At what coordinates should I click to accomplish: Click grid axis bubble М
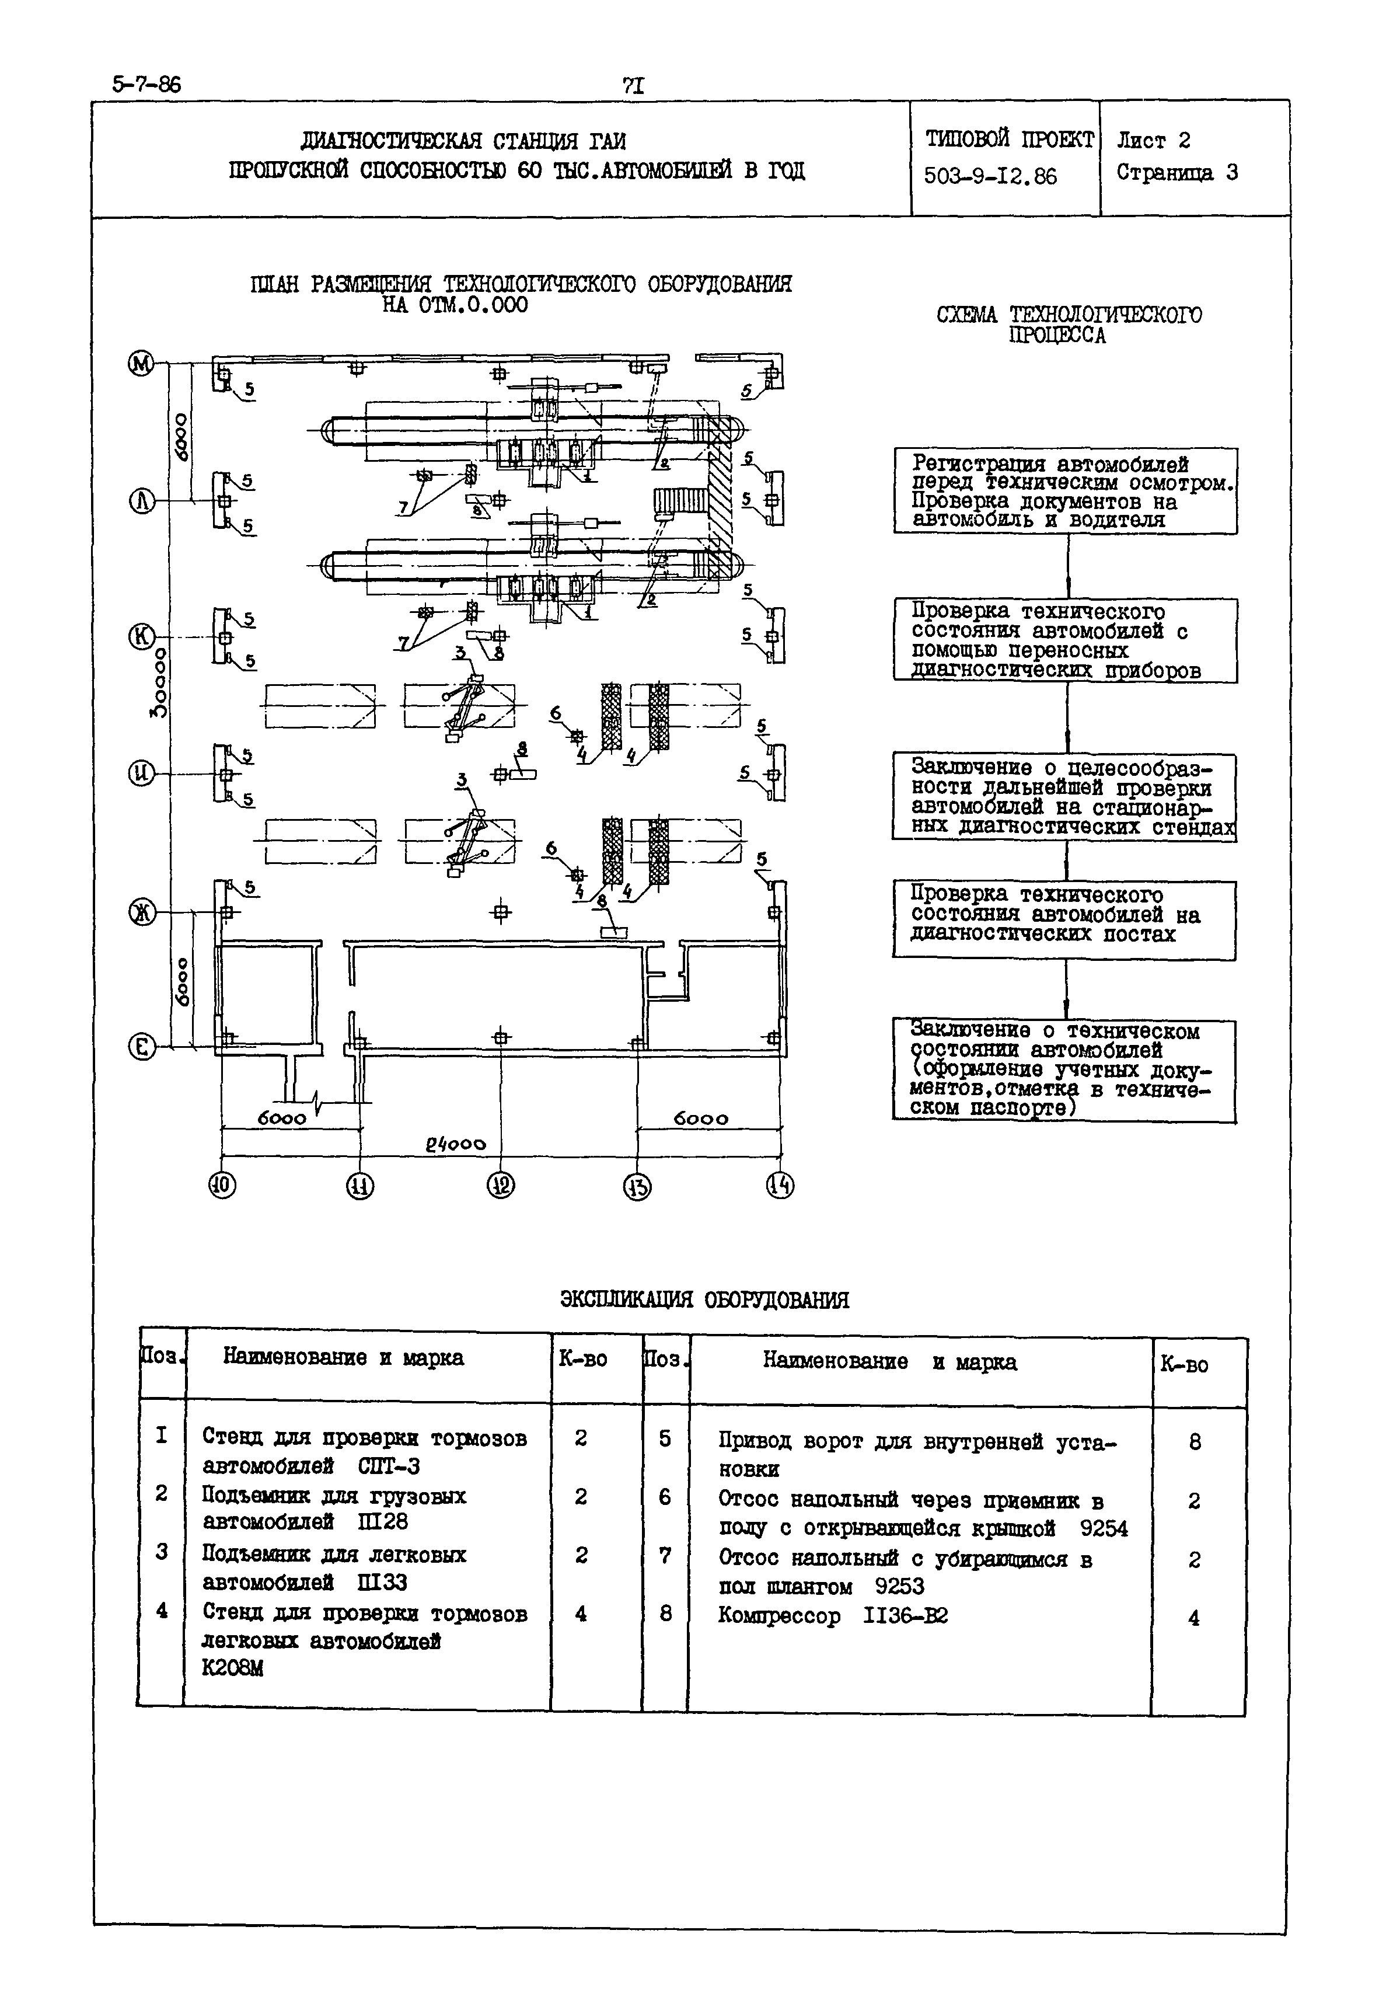coord(141,364)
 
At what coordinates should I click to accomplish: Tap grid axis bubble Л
coord(141,501)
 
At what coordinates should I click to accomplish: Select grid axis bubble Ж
coord(141,912)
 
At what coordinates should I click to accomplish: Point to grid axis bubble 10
coord(222,1185)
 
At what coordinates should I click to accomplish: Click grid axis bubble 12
coord(500,1185)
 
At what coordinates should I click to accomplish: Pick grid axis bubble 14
coord(779,1185)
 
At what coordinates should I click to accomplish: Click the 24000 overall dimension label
coord(455,1144)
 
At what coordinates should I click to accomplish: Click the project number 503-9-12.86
coord(990,176)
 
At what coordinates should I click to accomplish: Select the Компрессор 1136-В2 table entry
coord(833,1615)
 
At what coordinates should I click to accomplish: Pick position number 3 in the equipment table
coord(162,1552)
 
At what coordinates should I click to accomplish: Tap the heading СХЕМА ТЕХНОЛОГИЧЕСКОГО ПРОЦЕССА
coord(1068,324)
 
